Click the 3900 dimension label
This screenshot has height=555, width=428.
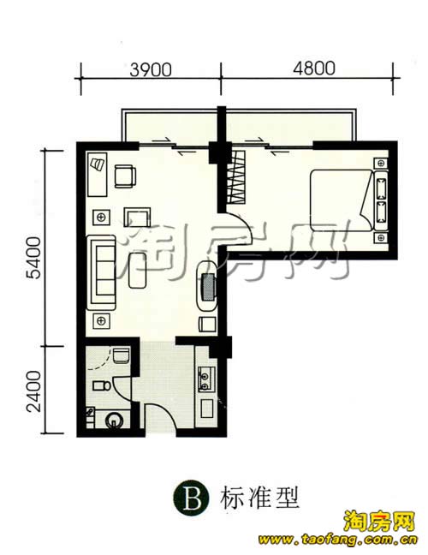pos(151,69)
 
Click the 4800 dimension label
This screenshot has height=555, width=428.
pos(314,68)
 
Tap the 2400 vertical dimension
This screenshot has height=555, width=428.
pos(34,391)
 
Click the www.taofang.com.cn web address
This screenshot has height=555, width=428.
pos(338,540)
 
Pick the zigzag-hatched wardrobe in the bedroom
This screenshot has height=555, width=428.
pos(236,177)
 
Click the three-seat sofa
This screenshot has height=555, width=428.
pos(104,272)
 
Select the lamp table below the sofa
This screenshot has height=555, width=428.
pos(101,321)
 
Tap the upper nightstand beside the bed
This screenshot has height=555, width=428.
pos(381,164)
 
